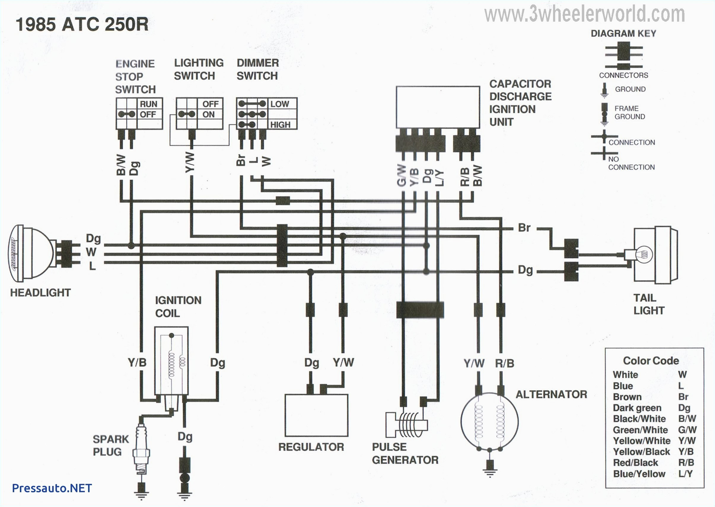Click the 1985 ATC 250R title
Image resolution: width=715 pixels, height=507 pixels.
pos(82,24)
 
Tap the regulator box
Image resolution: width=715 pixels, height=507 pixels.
pos(316,415)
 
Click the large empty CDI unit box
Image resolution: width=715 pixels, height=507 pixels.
pos(438,107)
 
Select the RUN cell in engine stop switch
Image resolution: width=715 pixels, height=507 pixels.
pos(148,104)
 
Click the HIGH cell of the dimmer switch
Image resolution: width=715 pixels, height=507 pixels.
pos(280,125)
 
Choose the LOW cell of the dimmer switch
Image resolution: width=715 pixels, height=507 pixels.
pos(280,104)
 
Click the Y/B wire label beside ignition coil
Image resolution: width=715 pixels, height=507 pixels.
pos(137,362)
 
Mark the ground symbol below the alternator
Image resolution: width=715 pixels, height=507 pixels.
pos(490,471)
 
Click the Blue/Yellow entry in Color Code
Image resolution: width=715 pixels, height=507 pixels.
pos(639,474)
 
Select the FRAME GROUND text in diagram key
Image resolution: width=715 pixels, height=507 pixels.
pos(629,112)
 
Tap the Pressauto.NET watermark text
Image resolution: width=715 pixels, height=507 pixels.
pos(52,488)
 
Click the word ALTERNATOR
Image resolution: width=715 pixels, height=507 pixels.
pos(551,394)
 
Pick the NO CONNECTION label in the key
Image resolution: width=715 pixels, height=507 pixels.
pos(631,163)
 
